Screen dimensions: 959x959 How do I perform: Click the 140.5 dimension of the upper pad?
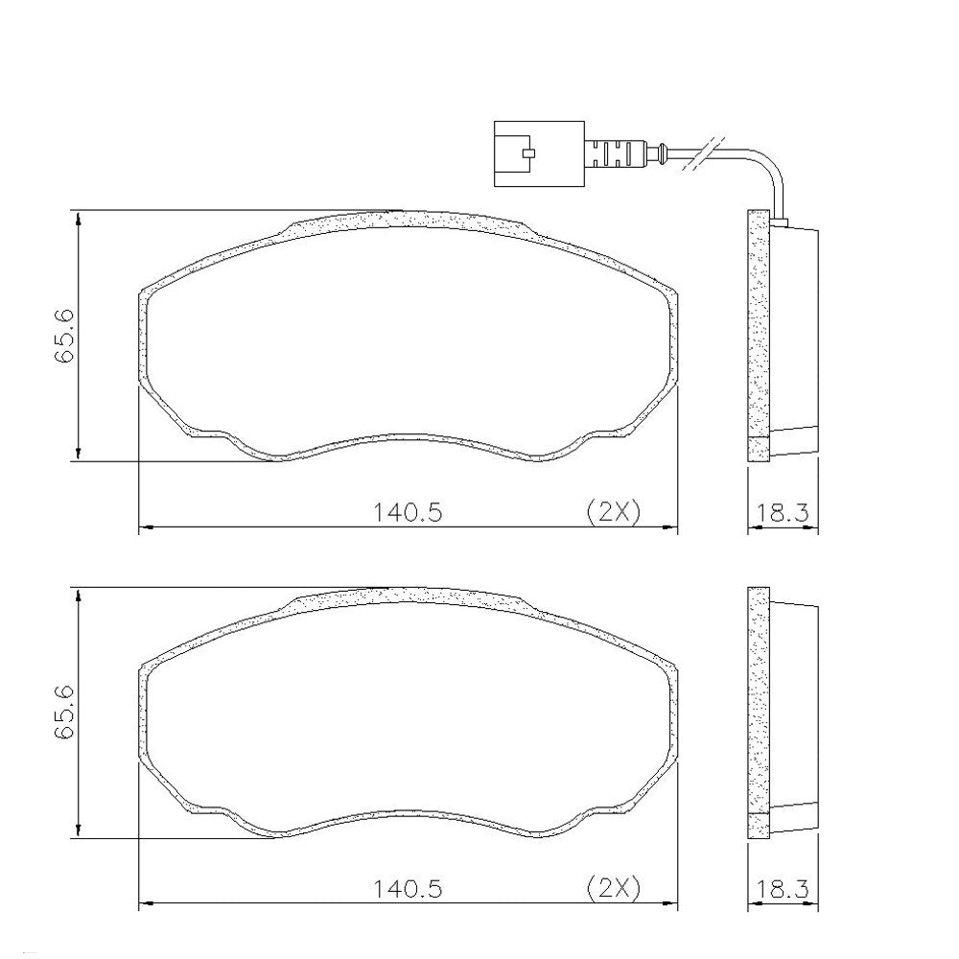408,511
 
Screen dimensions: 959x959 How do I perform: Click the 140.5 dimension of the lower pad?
408,887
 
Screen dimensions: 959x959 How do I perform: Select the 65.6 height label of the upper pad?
64,337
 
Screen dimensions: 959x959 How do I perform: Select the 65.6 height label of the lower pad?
64,713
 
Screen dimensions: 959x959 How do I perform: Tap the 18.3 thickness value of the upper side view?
783,512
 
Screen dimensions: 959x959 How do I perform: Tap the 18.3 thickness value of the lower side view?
783,888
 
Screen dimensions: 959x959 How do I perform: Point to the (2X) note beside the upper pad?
614,511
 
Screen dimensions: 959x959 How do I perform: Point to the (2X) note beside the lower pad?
614,887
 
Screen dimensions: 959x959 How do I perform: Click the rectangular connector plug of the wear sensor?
539,152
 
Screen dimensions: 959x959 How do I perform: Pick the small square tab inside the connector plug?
529,152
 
